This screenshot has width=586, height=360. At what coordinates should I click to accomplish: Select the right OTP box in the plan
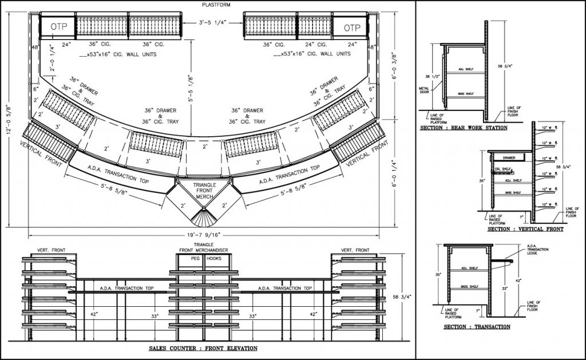(x=353, y=27)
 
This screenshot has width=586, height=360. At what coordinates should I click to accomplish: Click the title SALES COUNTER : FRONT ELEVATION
(x=203, y=348)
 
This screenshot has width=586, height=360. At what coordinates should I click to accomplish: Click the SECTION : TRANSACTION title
(x=477, y=327)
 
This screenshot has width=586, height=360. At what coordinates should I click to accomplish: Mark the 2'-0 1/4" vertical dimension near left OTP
(x=52, y=58)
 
